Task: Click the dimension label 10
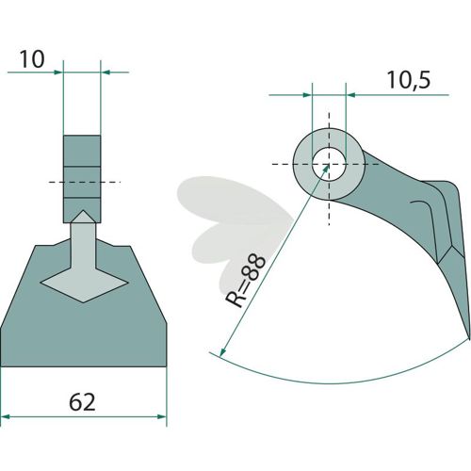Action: point(32,59)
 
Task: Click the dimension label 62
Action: point(82,402)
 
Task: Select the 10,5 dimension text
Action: point(409,80)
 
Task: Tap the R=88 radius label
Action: point(246,281)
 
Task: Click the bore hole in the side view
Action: point(329,164)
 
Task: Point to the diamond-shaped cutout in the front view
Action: point(84,283)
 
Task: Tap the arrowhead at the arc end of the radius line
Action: point(222,351)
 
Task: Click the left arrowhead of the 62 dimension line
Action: point(6,416)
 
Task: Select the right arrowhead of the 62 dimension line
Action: point(162,416)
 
